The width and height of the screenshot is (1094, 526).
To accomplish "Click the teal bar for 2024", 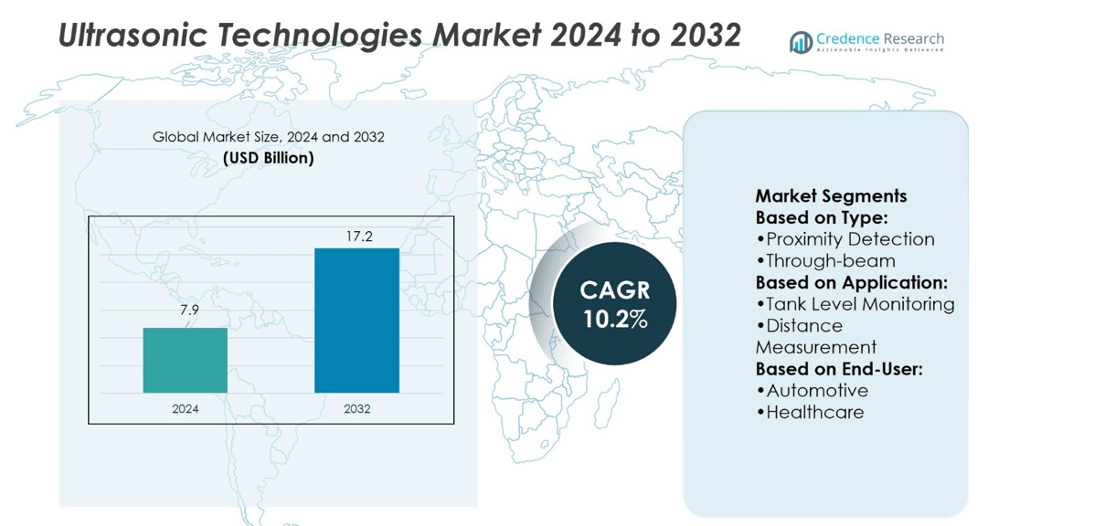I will [x=185, y=360].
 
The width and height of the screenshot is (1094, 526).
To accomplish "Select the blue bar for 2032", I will [x=356, y=320].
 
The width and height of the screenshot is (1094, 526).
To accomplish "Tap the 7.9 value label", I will [x=189, y=312].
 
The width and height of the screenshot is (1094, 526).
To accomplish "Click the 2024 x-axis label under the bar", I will [x=185, y=409].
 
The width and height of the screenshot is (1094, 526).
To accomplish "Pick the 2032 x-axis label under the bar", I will [x=356, y=409].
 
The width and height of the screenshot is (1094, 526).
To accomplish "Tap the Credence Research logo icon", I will [x=801, y=42].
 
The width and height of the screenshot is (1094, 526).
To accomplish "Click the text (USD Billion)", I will [x=269, y=158].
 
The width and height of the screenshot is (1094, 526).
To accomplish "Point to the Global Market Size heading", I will [x=269, y=137].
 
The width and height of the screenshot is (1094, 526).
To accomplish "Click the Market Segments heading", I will [x=831, y=196].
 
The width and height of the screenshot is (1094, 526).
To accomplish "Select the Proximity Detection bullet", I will [x=845, y=239].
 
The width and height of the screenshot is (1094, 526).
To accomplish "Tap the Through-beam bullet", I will [x=825, y=261].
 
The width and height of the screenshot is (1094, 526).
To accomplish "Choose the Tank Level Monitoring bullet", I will [x=855, y=304].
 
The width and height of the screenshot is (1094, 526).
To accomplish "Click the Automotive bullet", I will [x=812, y=391].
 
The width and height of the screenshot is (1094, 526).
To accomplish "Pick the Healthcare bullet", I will [x=810, y=413].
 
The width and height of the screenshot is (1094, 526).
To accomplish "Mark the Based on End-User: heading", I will [x=839, y=369].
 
